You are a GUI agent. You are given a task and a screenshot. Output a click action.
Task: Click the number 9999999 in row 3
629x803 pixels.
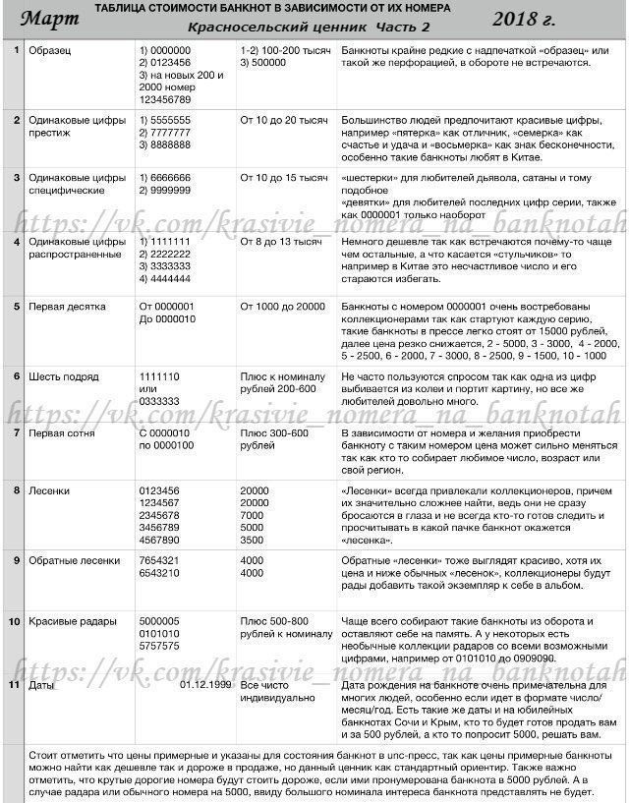pyautogui.click(x=169, y=189)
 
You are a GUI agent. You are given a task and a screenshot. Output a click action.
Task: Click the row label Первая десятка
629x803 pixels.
pyautogui.click(x=67, y=307)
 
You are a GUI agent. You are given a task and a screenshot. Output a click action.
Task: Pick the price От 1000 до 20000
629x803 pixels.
pyautogui.click(x=282, y=307)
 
